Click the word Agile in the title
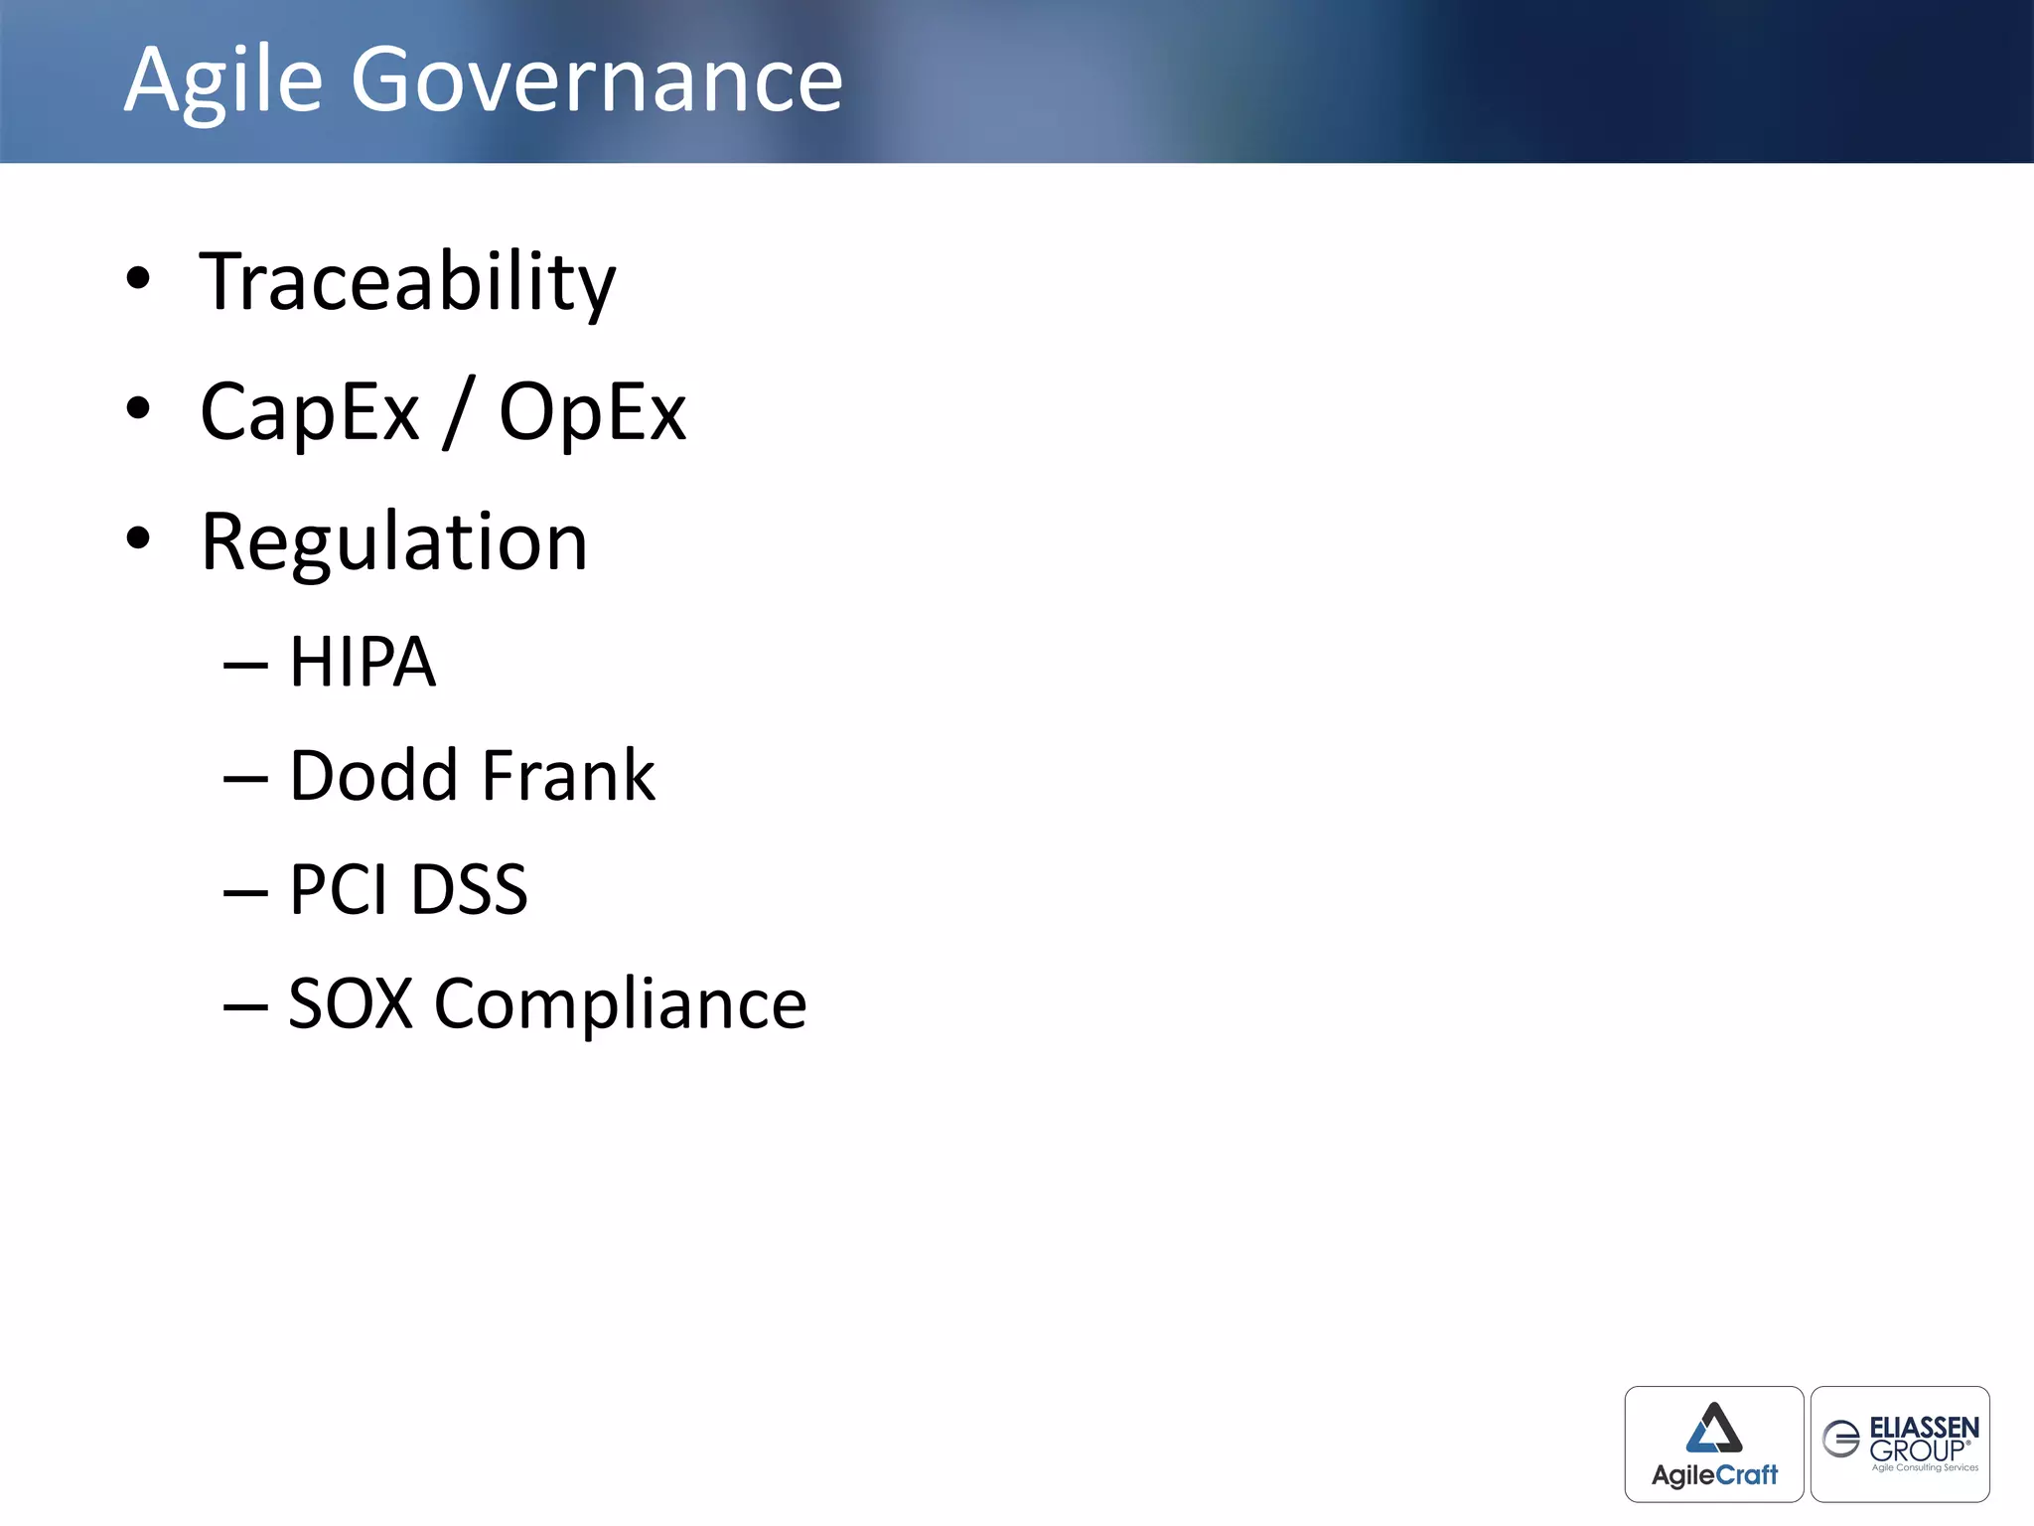(x=223, y=81)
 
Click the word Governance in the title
(x=596, y=81)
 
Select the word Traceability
(x=407, y=283)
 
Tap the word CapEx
(x=310, y=413)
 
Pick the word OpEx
(x=592, y=413)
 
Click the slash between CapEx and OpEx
(x=459, y=413)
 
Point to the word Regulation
(x=394, y=543)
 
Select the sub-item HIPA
(x=362, y=663)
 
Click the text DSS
(x=469, y=889)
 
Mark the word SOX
(x=350, y=1003)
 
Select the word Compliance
(x=621, y=1003)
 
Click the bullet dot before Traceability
(x=138, y=279)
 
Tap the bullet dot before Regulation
(x=138, y=538)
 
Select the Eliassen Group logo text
(x=1923, y=1440)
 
